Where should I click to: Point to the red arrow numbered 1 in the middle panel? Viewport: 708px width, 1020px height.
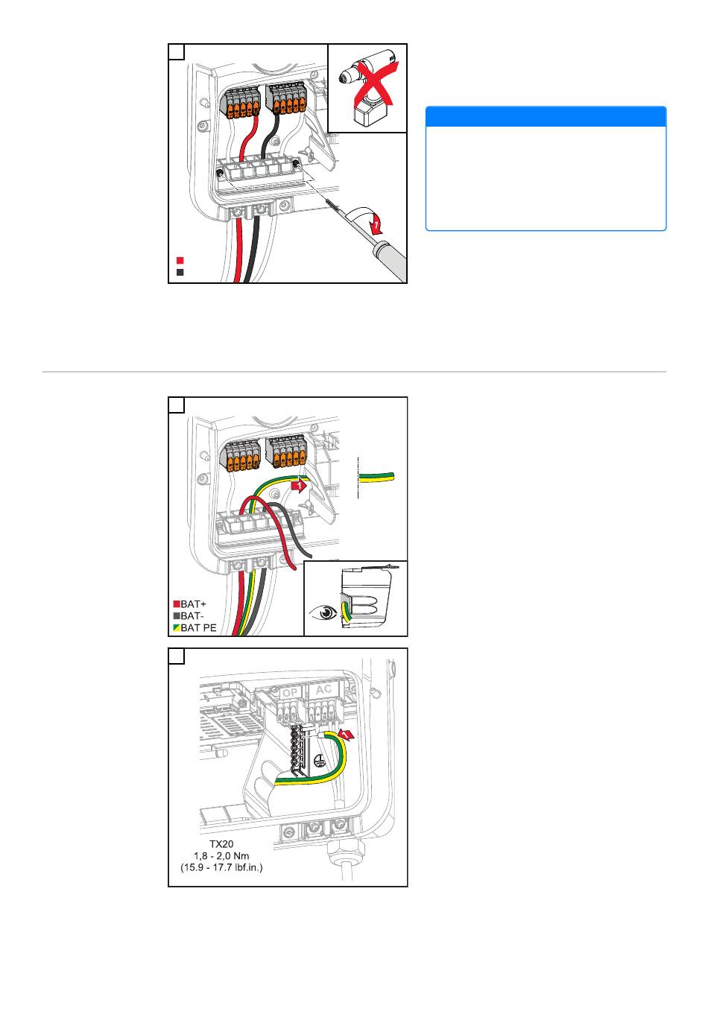pyautogui.click(x=298, y=486)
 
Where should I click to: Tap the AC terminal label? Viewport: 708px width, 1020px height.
pyautogui.click(x=323, y=689)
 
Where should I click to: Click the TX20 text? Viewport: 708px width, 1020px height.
pyautogui.click(x=221, y=844)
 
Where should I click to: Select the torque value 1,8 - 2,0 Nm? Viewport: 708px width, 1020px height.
pyautogui.click(x=221, y=856)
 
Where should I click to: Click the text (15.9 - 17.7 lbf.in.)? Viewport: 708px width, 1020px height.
pyautogui.click(x=221, y=868)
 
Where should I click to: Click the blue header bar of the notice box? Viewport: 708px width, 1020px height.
pyautogui.click(x=546, y=116)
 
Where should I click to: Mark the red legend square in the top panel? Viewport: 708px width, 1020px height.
pyautogui.click(x=180, y=261)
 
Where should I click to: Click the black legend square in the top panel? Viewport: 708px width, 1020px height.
pyautogui.click(x=180, y=273)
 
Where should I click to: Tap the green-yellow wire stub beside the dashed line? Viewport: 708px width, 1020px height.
pyautogui.click(x=377, y=476)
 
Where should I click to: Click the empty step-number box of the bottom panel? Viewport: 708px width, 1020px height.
pyautogui.click(x=177, y=656)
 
